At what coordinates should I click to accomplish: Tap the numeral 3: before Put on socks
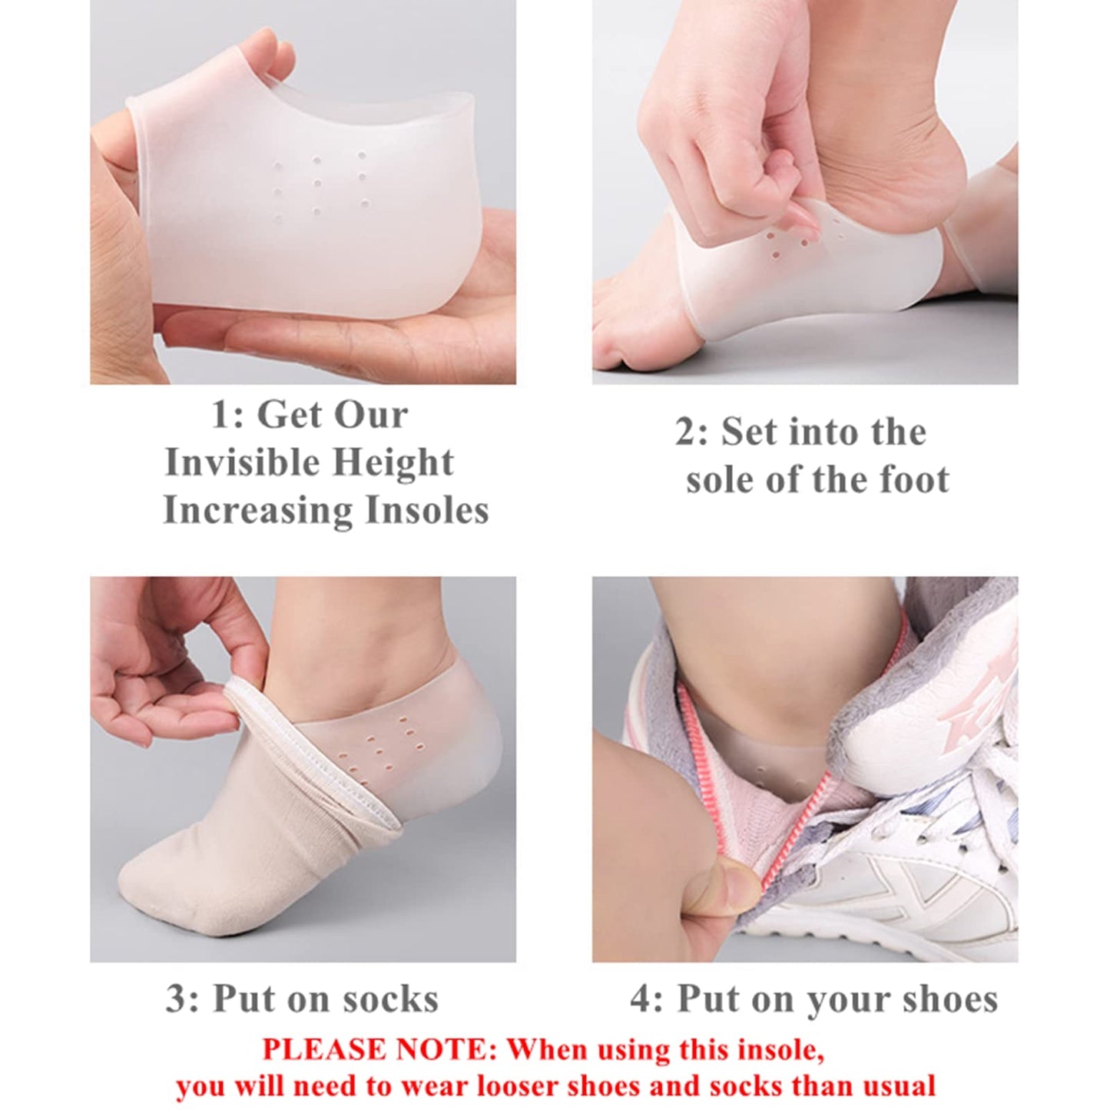click(x=183, y=999)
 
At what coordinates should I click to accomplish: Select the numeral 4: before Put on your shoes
click(x=647, y=999)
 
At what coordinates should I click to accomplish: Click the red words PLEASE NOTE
click(x=380, y=1049)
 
